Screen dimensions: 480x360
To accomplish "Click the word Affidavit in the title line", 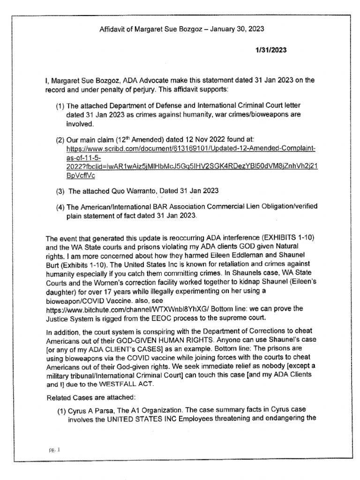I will (x=113, y=29).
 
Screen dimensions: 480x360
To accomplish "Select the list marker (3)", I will (x=60, y=191).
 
